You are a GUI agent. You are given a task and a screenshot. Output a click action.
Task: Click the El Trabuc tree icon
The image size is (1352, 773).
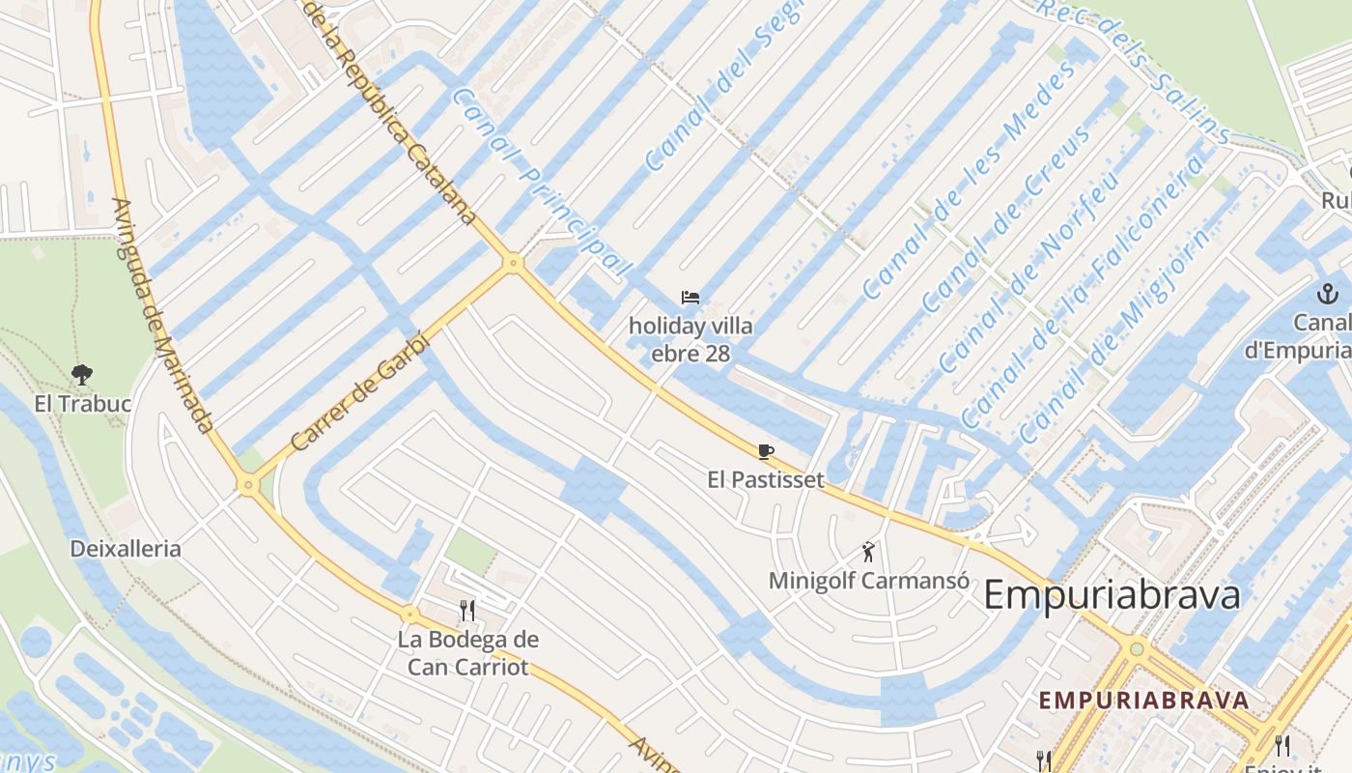pos(82,374)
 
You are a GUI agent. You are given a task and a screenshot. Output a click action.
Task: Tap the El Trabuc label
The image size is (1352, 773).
pos(82,404)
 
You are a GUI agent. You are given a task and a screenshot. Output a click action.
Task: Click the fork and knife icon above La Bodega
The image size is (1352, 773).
pos(467,610)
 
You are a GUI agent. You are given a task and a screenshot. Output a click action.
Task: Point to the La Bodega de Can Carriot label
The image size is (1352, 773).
pos(468,653)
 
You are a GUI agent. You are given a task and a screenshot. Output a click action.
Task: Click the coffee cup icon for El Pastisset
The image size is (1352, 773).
pos(766,451)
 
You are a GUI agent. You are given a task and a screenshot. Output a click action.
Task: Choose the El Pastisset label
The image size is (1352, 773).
pos(766,479)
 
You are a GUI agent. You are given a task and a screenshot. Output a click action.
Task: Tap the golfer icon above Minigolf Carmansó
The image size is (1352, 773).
pos(869,552)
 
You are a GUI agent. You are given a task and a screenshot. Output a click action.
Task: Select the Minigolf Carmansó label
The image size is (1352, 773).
pos(869,581)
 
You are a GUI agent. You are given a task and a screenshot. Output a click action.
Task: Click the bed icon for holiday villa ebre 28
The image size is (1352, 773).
pos(690,298)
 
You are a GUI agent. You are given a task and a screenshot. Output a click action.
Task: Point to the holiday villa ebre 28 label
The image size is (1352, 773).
pos(690,339)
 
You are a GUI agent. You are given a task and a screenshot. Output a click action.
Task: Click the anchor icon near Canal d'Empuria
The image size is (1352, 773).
pos(1328,293)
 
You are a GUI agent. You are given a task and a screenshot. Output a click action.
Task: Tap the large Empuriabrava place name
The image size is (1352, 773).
pos(1112,595)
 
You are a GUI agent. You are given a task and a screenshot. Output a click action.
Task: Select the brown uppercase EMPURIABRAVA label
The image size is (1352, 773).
pos(1143,701)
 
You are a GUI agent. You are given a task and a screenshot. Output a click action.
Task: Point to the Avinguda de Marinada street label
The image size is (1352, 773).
pos(162,315)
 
